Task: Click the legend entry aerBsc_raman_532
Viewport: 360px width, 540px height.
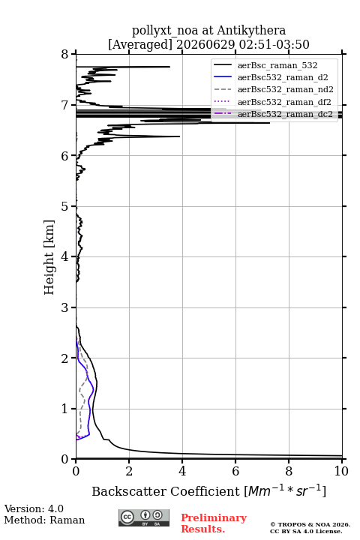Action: tap(277, 65)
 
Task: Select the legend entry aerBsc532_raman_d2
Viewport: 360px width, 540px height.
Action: tap(283, 77)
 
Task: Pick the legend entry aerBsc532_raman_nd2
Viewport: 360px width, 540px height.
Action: tap(286, 89)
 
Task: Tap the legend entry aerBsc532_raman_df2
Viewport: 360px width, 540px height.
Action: tap(284, 102)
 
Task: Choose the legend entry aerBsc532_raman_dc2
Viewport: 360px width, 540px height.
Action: tap(285, 114)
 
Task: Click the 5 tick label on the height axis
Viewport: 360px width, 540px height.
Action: tap(64, 206)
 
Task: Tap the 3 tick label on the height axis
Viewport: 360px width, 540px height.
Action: tap(64, 307)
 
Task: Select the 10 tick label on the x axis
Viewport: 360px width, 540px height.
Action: tap(341, 471)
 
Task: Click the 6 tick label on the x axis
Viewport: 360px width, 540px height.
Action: tap(235, 471)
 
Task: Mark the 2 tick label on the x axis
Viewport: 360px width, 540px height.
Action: tap(129, 471)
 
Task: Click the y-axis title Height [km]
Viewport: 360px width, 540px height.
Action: tap(49, 257)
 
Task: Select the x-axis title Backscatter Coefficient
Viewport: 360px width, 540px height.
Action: tap(165, 491)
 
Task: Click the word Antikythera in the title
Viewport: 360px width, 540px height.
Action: tap(251, 31)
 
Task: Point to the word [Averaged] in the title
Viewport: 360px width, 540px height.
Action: tap(140, 44)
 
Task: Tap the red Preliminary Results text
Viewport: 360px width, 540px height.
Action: tap(214, 523)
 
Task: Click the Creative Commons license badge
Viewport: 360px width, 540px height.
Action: tap(144, 518)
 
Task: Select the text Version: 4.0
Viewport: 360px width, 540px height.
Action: tap(34, 509)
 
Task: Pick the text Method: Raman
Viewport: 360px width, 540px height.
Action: tap(44, 520)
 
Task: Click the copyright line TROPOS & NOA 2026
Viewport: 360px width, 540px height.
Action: tap(310, 524)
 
